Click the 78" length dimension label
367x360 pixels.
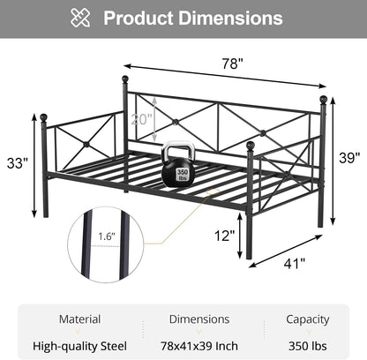pos(232,64)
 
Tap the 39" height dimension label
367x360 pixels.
pos(349,158)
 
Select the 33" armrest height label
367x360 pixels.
pos(18,163)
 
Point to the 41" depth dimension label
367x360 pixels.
pos(295,264)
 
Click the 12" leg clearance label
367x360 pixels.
pos(224,236)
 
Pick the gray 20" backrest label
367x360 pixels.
pos(141,119)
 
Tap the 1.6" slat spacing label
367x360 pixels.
pos(107,236)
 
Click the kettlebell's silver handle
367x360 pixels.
pos(178,151)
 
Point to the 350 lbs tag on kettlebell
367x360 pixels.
pos(182,175)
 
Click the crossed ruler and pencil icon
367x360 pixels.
pos(80,18)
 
